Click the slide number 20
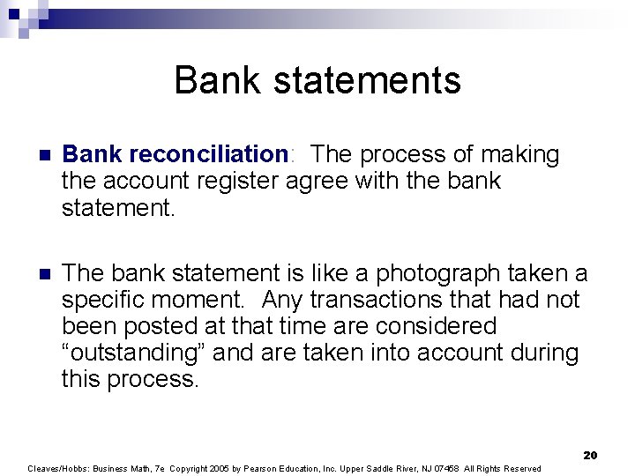(x=590, y=455)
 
